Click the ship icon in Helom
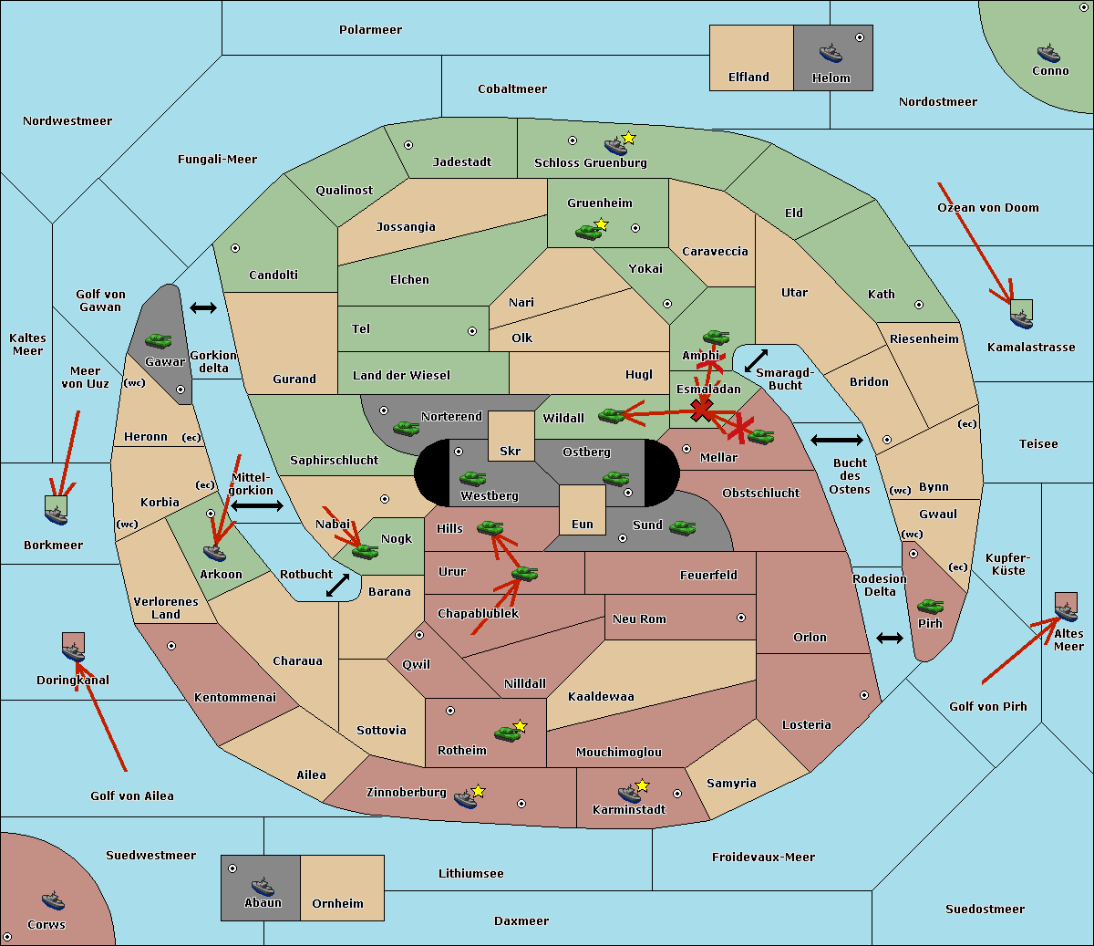point(831,53)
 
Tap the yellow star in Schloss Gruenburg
point(628,138)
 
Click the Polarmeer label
point(370,30)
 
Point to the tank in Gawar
point(159,340)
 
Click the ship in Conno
point(1048,54)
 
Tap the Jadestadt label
point(462,161)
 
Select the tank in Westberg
point(472,478)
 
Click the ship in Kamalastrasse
point(1021,319)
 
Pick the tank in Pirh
point(931,606)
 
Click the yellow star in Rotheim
point(521,725)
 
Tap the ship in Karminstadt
point(629,794)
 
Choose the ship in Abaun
point(263,887)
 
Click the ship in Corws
point(53,900)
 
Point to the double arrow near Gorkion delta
point(203,307)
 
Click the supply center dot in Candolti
point(235,248)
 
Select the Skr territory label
point(511,451)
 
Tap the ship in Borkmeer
point(57,515)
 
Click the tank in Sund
point(682,527)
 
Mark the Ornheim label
point(337,903)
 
